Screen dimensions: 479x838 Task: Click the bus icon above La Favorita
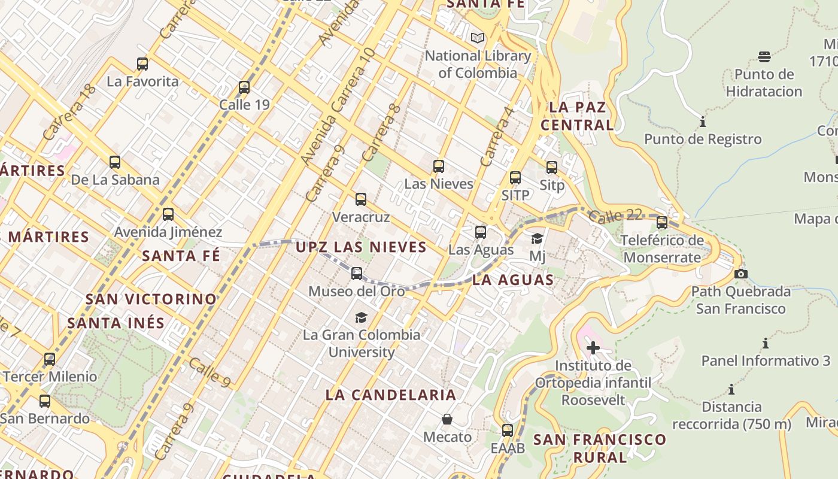(x=142, y=63)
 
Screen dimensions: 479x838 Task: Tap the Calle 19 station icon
(x=244, y=87)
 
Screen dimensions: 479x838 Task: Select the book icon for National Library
(x=477, y=38)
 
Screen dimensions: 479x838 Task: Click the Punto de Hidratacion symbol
(x=764, y=57)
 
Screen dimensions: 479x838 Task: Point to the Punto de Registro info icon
(x=703, y=122)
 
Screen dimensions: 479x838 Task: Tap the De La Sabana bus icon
(x=115, y=162)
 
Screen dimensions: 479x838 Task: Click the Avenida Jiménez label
(x=168, y=232)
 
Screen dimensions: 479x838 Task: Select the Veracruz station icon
(x=360, y=199)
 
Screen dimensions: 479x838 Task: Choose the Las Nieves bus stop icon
(x=439, y=166)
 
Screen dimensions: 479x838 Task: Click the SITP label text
(x=515, y=195)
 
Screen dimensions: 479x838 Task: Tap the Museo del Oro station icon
(x=357, y=274)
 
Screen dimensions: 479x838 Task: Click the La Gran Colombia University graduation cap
(x=361, y=317)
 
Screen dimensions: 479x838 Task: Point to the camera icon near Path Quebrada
(x=741, y=274)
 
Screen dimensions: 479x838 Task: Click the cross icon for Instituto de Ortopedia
(x=593, y=347)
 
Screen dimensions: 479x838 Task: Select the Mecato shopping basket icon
(x=447, y=419)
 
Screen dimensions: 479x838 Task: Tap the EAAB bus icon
(x=508, y=430)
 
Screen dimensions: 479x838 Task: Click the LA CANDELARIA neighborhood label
(x=391, y=395)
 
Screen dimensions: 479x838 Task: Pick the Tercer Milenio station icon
(x=50, y=359)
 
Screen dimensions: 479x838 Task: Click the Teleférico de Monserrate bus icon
(x=661, y=223)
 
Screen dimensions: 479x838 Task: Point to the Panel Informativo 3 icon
(x=765, y=343)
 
